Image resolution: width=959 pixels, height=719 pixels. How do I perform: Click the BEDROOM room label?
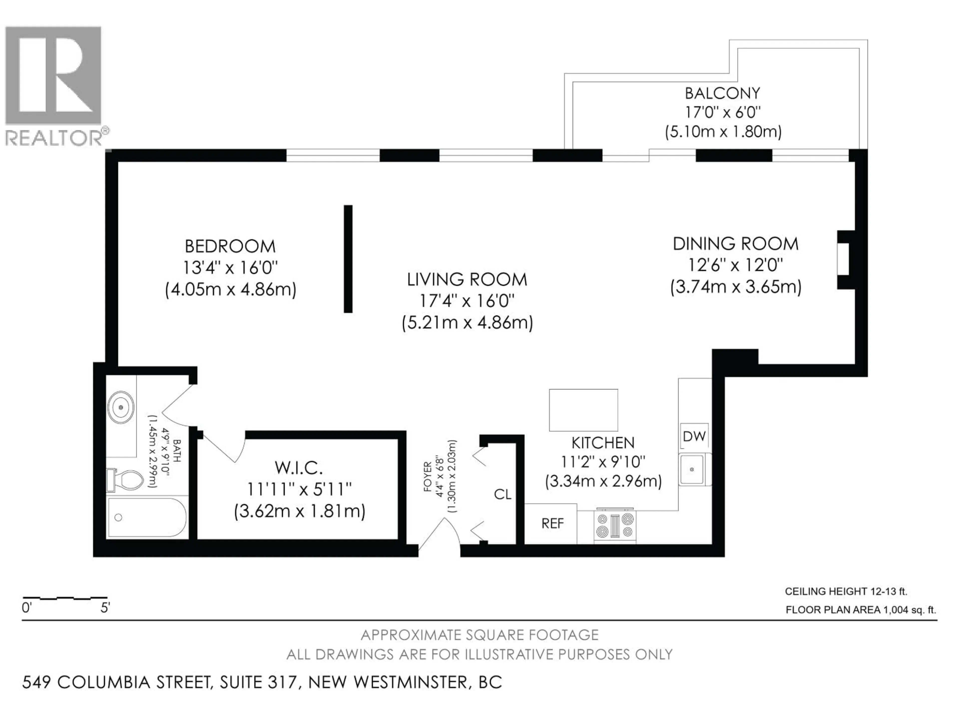[x=230, y=246]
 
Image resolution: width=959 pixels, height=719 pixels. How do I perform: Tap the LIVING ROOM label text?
[x=467, y=280]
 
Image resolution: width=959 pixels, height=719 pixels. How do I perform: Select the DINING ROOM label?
[x=735, y=244]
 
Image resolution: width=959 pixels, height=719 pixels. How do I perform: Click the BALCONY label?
[x=722, y=93]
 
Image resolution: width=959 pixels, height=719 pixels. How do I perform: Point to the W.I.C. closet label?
[x=299, y=468]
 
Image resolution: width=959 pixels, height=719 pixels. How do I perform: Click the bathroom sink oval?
[x=121, y=407]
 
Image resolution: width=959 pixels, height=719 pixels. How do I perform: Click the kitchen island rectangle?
[x=583, y=410]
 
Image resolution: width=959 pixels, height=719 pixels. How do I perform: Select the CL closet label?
[x=502, y=495]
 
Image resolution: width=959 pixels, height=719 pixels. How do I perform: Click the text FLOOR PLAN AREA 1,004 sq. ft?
[x=861, y=610]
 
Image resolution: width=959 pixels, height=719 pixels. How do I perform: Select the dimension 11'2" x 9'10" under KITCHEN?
[x=603, y=462]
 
